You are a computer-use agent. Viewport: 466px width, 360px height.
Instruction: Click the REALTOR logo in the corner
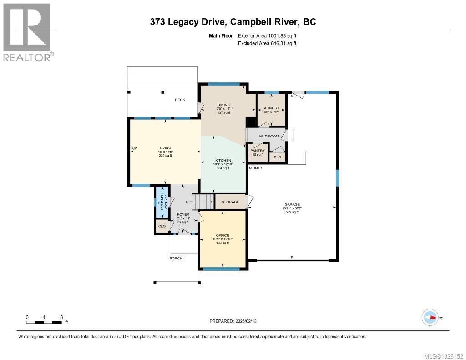tap(27, 32)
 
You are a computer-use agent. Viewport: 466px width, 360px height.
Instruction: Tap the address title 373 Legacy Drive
tap(233, 22)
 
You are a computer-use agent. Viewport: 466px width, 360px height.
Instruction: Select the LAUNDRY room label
tap(271, 108)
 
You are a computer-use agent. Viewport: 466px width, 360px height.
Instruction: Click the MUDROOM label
tap(268, 136)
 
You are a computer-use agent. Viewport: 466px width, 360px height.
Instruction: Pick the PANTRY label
tap(258, 151)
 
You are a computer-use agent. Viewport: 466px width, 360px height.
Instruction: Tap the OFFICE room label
tap(223, 235)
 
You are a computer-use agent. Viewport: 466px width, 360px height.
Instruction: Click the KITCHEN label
tap(223, 160)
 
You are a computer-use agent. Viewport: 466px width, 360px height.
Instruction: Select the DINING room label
tap(223, 105)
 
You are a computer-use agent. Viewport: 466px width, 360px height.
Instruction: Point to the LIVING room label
tap(165, 147)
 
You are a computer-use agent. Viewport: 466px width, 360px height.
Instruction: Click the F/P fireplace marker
tap(134, 149)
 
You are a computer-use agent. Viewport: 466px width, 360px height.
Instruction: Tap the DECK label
tap(180, 100)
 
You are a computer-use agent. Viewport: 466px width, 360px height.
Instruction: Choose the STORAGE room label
tap(230, 202)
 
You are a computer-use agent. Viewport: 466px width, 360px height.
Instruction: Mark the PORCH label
tap(176, 258)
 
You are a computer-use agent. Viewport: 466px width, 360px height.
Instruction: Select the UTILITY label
tap(255, 168)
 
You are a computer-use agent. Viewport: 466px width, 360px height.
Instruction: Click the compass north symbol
tap(430, 317)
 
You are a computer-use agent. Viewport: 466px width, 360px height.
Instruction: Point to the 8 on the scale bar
tap(61, 317)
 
